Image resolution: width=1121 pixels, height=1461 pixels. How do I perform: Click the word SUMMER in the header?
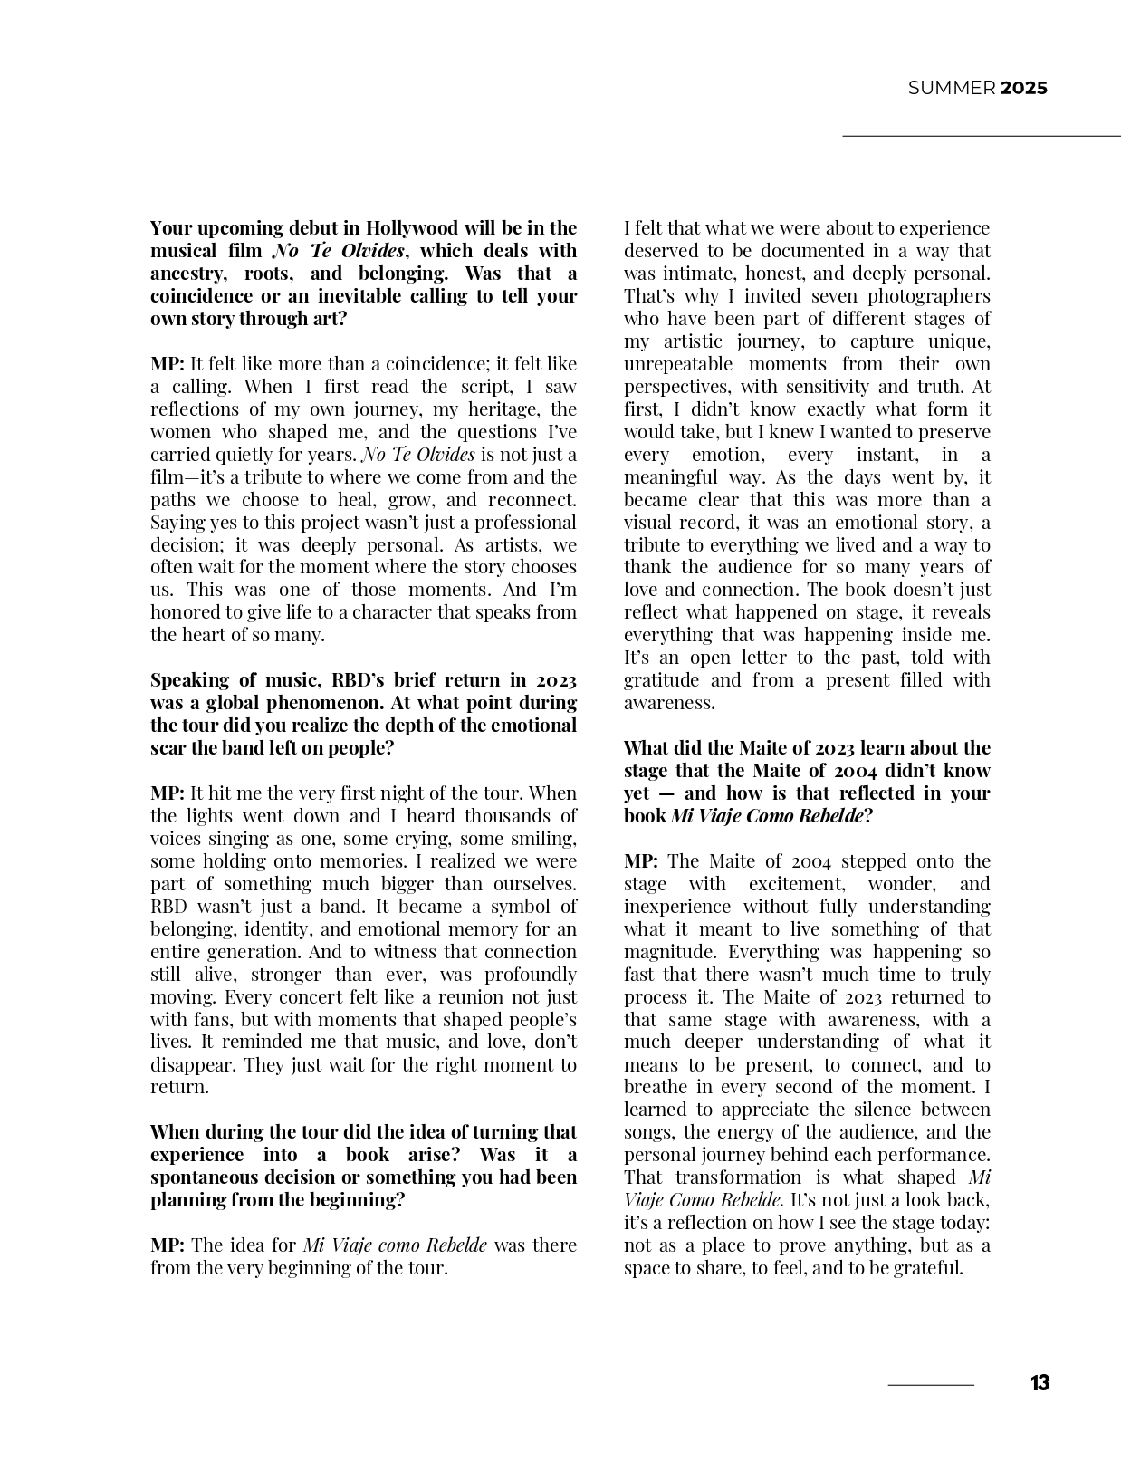coord(951,88)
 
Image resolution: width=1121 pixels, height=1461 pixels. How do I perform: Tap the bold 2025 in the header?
coord(1024,88)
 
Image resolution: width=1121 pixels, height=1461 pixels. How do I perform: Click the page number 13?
coord(1040,1383)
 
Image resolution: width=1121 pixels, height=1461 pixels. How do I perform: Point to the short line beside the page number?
coord(931,1385)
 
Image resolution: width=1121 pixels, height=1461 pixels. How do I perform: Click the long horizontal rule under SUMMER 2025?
coord(982,136)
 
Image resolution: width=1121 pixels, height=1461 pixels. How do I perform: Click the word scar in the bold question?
coord(168,748)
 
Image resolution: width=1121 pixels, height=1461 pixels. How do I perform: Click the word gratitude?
coord(662,680)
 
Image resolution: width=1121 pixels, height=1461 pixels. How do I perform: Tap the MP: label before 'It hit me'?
coord(168,793)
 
